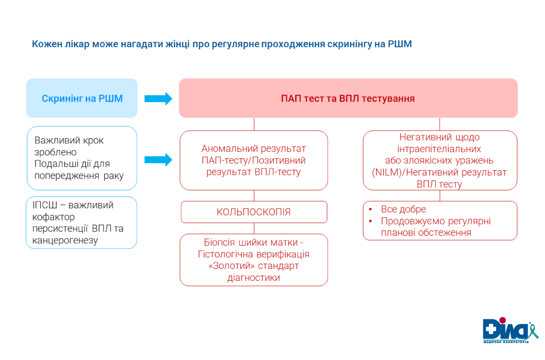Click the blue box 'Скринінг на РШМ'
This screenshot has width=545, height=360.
click(x=82, y=98)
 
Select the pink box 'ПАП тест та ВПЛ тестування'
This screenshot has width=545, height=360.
click(x=348, y=98)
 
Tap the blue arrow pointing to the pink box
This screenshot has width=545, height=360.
click(x=158, y=99)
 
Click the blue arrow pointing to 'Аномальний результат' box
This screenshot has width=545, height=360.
click(x=158, y=160)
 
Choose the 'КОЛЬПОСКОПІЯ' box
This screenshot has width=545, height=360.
click(x=254, y=212)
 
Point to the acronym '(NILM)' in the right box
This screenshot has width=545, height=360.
click(x=385, y=172)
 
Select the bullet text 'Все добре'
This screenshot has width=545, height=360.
click(x=403, y=209)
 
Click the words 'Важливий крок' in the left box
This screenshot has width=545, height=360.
click(x=69, y=140)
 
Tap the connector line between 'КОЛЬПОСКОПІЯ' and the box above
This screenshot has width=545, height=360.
click(x=254, y=195)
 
